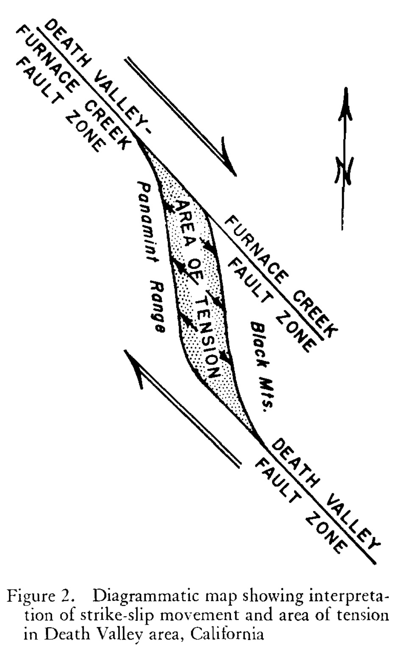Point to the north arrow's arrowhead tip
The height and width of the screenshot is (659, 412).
346,87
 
